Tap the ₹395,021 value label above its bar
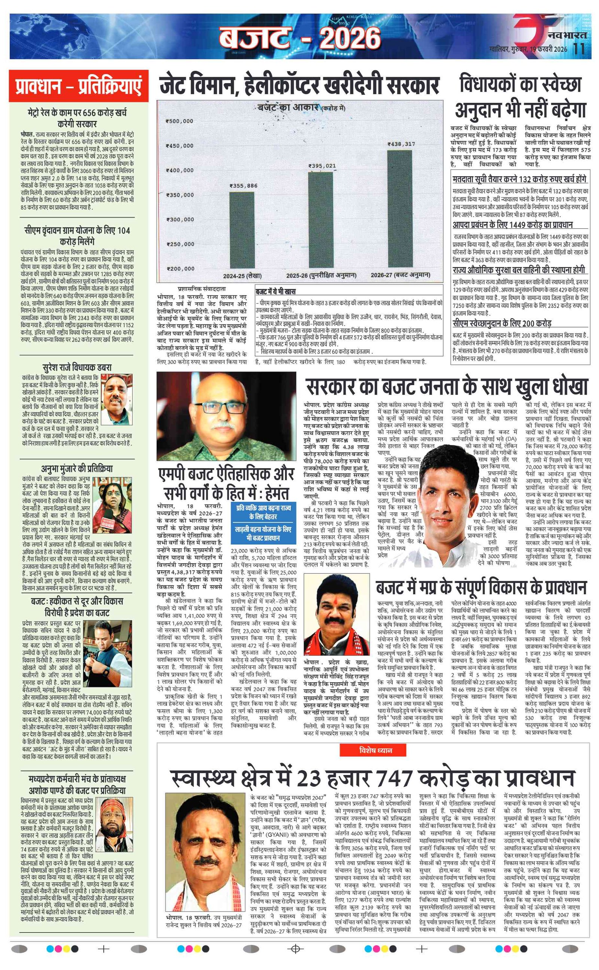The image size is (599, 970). point(322,166)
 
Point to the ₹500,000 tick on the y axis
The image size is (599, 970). point(179,121)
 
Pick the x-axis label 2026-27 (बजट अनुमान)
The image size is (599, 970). point(400,275)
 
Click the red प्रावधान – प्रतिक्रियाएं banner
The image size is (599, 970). point(79,87)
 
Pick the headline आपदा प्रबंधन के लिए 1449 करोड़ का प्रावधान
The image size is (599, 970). point(512,225)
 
